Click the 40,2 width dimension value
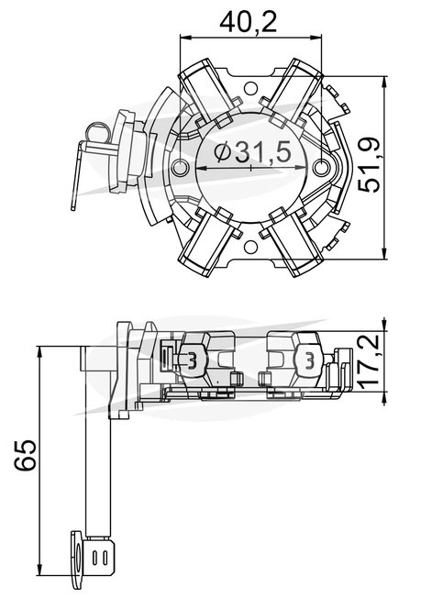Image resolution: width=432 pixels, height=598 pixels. [248, 22]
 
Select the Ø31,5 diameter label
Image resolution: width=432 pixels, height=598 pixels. [252, 152]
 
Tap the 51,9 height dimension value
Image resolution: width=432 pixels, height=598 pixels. [369, 164]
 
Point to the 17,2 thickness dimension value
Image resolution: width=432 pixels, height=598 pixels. [369, 361]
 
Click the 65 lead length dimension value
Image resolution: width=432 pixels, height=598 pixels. [25, 455]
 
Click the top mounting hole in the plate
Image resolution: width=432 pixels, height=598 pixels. [250, 88]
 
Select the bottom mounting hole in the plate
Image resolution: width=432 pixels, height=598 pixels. [250, 247]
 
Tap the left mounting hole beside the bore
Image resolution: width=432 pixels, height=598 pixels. [180, 167]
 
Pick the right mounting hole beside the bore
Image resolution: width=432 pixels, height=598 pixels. [322, 167]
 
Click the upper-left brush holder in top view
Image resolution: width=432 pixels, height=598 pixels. [205, 93]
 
